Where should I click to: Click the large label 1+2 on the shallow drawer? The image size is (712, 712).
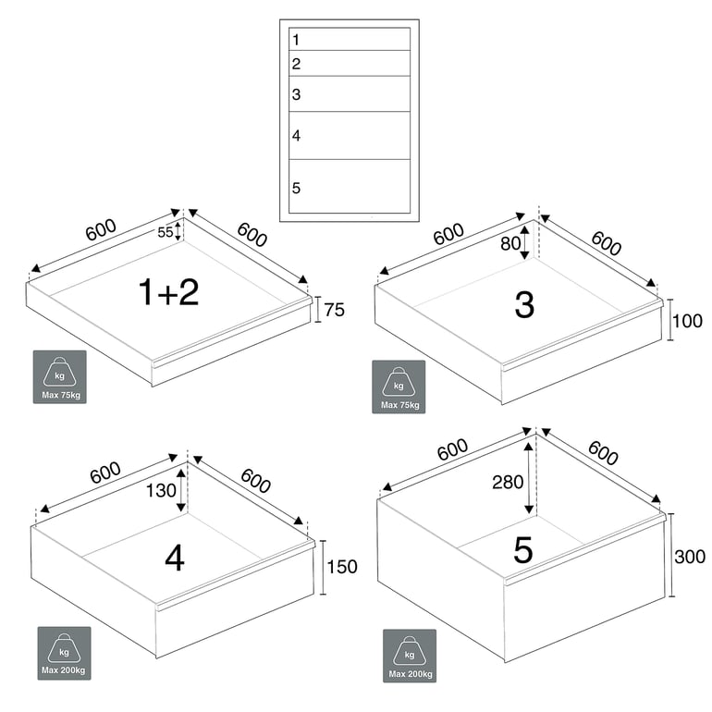[x=168, y=292]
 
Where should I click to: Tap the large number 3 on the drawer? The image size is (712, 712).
[x=524, y=304]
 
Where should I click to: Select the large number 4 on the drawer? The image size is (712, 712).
[x=175, y=559]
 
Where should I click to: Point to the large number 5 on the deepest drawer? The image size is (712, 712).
[x=523, y=551]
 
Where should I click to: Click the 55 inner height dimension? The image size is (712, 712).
[x=166, y=232]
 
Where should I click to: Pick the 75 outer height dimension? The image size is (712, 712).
[x=334, y=310]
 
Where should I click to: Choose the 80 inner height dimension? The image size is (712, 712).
[x=509, y=244]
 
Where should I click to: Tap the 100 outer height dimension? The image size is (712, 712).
[x=688, y=322]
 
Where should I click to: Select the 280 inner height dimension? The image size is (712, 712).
[x=508, y=482]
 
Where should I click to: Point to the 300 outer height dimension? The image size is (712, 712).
[x=690, y=556]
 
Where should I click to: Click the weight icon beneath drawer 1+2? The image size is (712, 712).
[x=60, y=376]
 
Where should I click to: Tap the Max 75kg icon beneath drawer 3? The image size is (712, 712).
[x=399, y=387]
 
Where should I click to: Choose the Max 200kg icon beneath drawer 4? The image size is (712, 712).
[x=64, y=653]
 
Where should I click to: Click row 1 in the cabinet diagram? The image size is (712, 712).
[x=350, y=40]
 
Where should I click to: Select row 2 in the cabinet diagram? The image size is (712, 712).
[x=350, y=64]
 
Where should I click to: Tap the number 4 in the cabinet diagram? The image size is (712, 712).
[x=296, y=136]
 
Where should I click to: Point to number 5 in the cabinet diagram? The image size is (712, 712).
[x=296, y=188]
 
